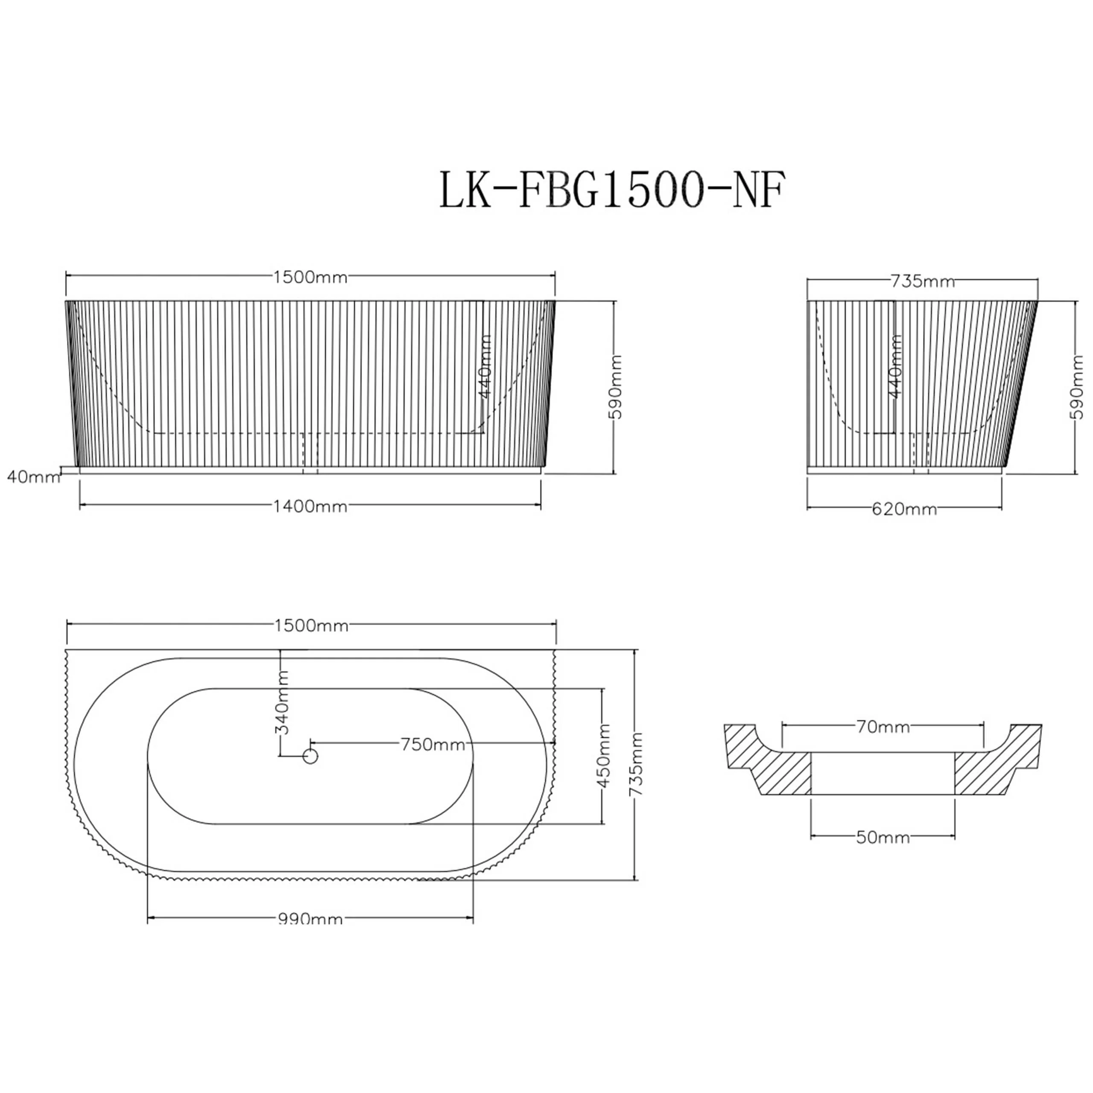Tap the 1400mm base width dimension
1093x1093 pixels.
click(x=310, y=506)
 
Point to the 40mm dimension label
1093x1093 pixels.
click(x=33, y=477)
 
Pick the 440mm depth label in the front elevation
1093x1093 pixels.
click(x=485, y=367)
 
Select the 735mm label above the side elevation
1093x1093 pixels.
click(x=923, y=281)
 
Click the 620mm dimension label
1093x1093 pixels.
click(x=904, y=510)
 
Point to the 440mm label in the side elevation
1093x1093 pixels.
click(x=896, y=367)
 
